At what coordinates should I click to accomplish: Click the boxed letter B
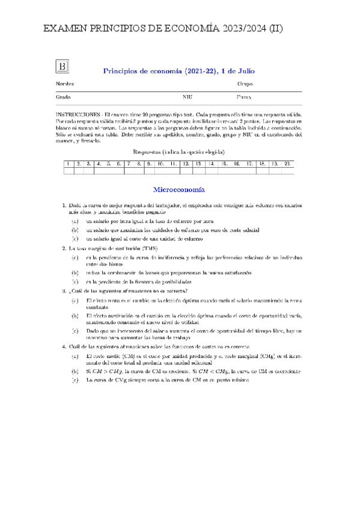coord(63,66)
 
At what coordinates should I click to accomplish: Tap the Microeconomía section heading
coord(179,188)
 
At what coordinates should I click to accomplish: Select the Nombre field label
coord(66,83)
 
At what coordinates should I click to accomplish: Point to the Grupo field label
coord(245,83)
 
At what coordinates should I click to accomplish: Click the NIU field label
coord(188,97)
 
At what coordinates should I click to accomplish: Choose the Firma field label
coord(244,97)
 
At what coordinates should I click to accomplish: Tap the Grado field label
coord(64,97)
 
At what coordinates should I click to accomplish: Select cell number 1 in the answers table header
coord(68,164)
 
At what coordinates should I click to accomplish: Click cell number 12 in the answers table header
coord(187,164)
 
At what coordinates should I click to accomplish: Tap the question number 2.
coord(64,248)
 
